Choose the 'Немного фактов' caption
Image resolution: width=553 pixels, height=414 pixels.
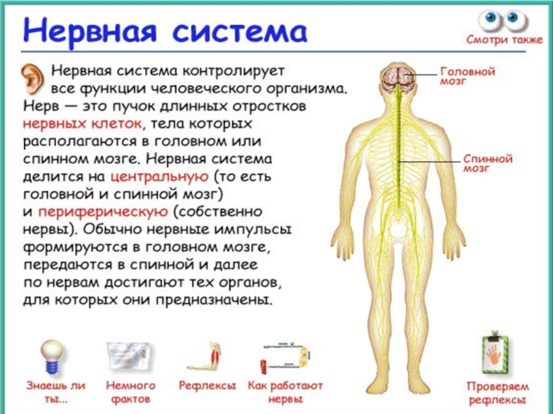(131, 392)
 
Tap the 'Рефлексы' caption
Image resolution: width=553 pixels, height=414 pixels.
(207, 386)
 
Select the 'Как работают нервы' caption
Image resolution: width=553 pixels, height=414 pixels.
(285, 392)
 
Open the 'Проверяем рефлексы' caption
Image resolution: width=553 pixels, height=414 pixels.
(497, 393)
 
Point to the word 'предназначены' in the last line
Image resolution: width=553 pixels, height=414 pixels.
(221, 300)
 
